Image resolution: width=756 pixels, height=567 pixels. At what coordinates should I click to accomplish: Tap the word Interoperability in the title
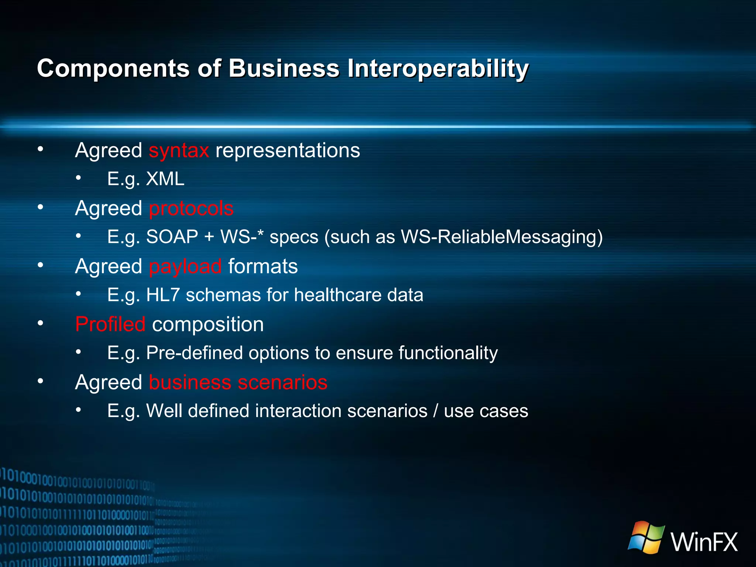438,69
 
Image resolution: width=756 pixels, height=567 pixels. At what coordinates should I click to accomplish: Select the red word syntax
179,151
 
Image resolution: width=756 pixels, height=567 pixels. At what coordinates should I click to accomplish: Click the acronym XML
165,179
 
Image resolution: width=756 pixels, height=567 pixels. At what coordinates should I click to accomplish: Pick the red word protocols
191,209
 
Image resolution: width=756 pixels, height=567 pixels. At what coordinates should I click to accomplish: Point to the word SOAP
172,237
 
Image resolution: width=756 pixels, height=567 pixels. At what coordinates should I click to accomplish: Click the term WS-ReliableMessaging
502,237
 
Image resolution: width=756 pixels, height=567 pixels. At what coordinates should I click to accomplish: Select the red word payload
185,267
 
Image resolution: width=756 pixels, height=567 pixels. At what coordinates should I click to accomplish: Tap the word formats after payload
263,267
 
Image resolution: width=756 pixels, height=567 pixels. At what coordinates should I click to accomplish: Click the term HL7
163,295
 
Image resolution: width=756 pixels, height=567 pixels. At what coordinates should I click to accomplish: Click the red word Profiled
110,324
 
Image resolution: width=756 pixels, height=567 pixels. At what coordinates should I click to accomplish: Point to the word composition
208,324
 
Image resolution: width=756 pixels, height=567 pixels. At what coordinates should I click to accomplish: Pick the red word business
190,382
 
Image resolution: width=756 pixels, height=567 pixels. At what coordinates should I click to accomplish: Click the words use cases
486,411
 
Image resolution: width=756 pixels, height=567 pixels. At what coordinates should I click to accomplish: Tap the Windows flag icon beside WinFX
646,537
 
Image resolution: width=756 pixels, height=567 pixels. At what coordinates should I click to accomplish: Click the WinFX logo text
704,542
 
